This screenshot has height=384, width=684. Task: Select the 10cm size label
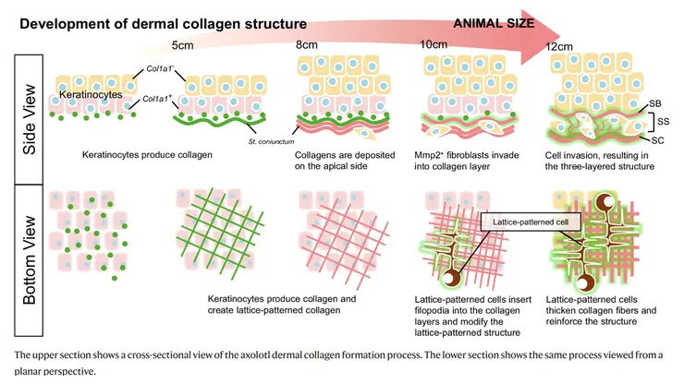(434, 45)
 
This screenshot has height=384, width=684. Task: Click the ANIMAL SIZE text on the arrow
(491, 23)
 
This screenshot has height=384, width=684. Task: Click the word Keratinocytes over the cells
(85, 95)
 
